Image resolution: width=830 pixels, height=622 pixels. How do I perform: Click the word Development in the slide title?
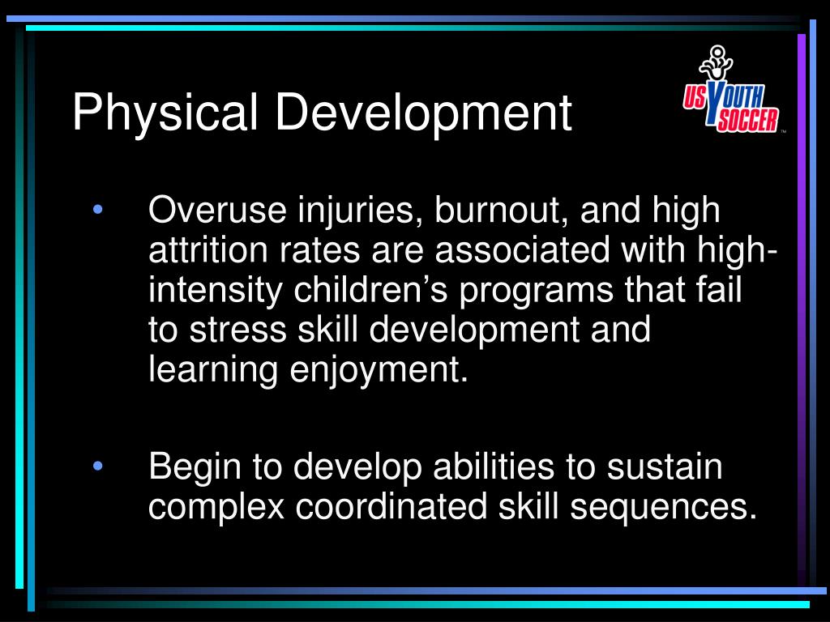pos(423,113)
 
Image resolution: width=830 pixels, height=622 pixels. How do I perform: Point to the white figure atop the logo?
pos(715,62)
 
